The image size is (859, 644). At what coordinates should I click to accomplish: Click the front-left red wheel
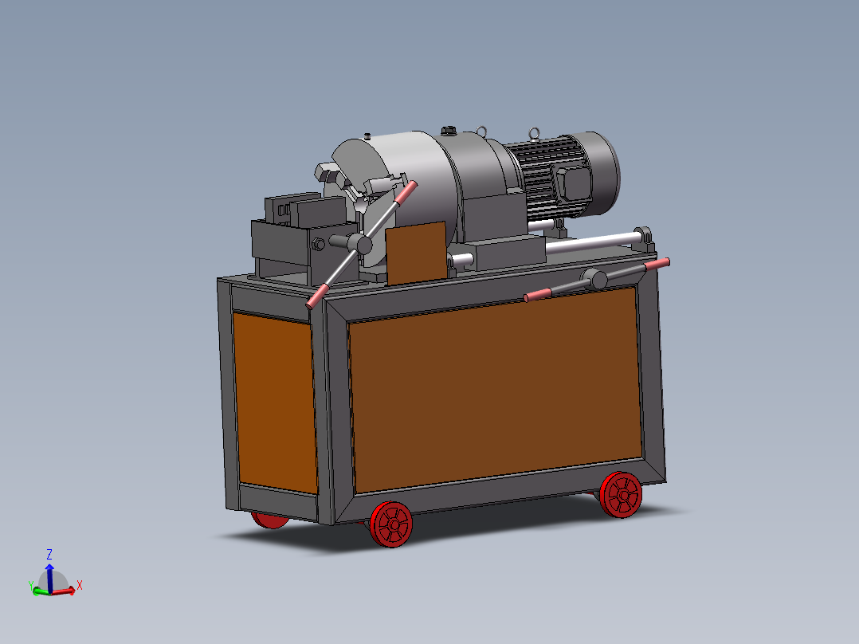tap(391, 524)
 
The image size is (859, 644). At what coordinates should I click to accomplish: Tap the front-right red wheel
tap(621, 495)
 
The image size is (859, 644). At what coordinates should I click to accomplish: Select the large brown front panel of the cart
tap(496, 389)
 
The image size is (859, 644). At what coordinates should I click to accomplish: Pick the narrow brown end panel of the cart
tap(276, 402)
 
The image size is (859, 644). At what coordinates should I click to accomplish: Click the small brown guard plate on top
tap(416, 253)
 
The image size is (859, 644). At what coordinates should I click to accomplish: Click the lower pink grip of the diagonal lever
tap(316, 296)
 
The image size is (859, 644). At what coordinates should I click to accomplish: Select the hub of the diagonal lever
tap(360, 243)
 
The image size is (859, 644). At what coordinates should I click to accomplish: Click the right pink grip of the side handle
tap(657, 264)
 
